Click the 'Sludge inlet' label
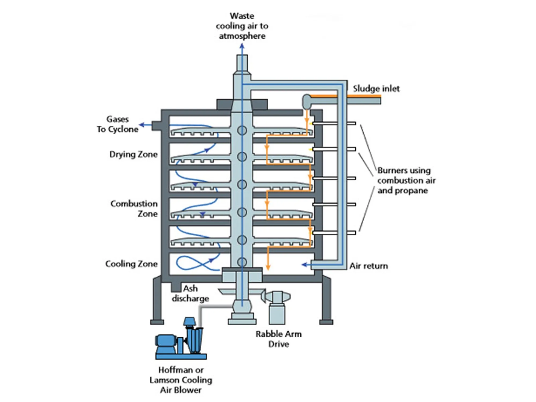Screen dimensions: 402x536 [376, 89]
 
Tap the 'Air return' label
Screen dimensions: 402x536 [368, 266]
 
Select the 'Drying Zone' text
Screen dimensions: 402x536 [133, 154]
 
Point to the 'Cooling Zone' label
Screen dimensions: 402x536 [131, 264]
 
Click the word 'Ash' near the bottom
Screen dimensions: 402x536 [190, 289]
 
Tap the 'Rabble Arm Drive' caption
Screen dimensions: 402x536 [278, 339]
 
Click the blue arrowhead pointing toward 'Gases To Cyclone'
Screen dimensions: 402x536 [142, 125]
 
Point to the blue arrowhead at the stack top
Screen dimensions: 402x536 [242, 46]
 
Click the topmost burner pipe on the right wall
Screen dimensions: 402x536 [334, 123]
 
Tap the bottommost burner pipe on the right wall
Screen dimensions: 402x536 [334, 233]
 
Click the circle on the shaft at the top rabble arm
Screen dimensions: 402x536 [242, 131]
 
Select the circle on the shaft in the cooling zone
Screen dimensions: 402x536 [242, 262]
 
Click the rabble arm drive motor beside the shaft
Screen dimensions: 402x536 [277, 297]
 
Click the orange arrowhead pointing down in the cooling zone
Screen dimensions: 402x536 [268, 267]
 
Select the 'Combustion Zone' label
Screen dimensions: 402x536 [134, 209]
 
